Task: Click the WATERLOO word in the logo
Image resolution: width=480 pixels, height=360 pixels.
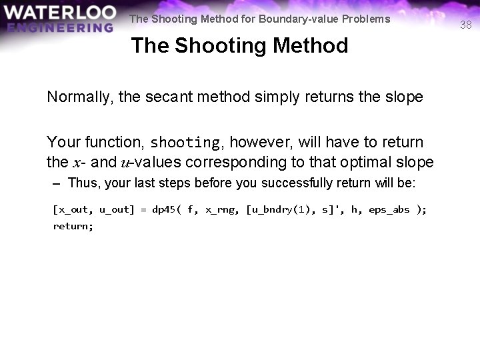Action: (x=59, y=13)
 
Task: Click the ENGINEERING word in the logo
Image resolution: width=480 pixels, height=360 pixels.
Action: (x=61, y=27)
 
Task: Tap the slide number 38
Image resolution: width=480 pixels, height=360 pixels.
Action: (x=466, y=25)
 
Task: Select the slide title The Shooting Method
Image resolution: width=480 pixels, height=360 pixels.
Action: (x=239, y=46)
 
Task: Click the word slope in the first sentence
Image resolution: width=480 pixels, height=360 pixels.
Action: (x=403, y=97)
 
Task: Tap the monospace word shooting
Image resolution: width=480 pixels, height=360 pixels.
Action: (x=185, y=143)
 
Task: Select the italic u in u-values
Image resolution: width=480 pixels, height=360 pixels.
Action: (x=124, y=163)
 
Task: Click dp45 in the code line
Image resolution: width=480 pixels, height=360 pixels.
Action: (x=163, y=209)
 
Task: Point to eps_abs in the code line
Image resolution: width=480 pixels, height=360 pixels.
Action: (x=389, y=209)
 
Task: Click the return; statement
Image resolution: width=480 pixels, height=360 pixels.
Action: (x=73, y=226)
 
